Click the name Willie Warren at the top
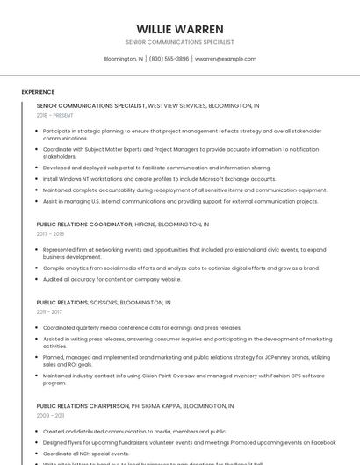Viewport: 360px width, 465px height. coord(180,29)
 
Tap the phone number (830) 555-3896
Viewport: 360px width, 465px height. coord(169,59)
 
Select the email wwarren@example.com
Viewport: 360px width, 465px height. coord(225,59)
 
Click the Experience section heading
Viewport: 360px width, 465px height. coord(38,92)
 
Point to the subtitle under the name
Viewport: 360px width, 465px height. coord(180,42)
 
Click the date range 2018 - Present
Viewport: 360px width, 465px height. coord(54,115)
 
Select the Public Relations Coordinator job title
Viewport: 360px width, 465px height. coord(83,225)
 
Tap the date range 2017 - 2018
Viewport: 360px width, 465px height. coord(50,234)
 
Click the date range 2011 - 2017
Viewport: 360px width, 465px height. coord(49,311)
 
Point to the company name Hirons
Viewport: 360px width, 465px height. coord(146,225)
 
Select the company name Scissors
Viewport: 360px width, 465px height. coord(104,302)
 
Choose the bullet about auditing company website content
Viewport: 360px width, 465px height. coord(112,279)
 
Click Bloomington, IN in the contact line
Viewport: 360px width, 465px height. coord(124,59)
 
